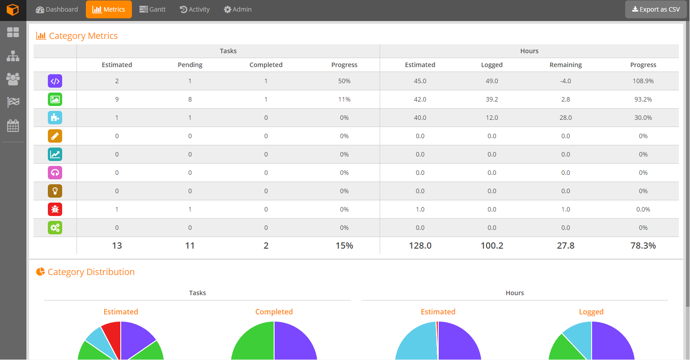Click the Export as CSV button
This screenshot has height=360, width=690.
(x=656, y=9)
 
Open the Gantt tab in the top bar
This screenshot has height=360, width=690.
(x=152, y=9)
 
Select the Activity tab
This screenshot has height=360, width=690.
(x=195, y=9)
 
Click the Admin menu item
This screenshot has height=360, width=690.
(x=237, y=9)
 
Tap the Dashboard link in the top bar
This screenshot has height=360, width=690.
(x=57, y=9)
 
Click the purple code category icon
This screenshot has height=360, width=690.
(x=55, y=81)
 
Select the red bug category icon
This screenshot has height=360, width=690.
(x=55, y=209)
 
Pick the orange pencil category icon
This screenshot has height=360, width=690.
(x=55, y=136)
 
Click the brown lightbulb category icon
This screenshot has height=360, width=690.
(x=55, y=191)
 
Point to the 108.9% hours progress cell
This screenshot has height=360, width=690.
(x=643, y=81)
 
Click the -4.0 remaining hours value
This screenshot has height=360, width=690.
(x=566, y=81)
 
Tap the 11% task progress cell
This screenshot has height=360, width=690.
(x=344, y=99)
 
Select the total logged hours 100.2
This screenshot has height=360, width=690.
(x=492, y=246)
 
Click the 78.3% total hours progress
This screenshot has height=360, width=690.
(x=643, y=246)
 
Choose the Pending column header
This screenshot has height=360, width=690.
(x=190, y=65)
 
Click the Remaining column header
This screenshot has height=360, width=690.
(x=566, y=65)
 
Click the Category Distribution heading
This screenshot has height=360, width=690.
(x=91, y=272)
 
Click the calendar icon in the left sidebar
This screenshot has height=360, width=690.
(x=13, y=126)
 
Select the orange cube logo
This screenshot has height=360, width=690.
(x=13, y=10)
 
